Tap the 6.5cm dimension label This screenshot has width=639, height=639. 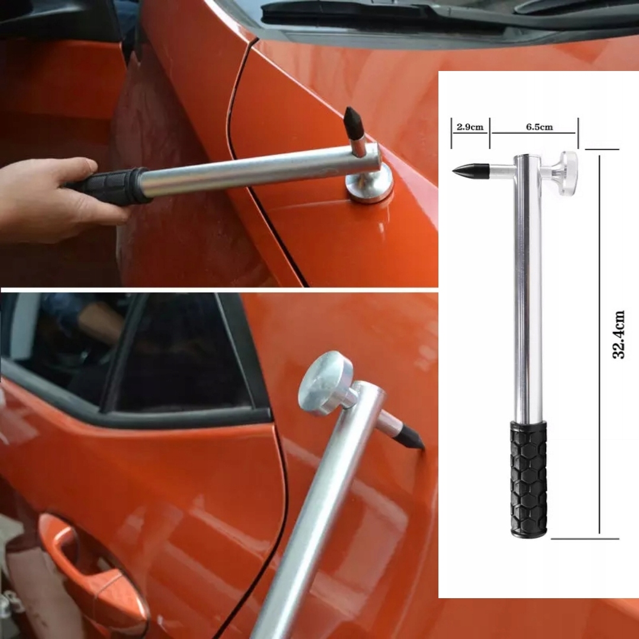(x=539, y=127)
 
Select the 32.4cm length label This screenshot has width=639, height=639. (x=619, y=334)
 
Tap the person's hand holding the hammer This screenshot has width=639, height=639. (x=41, y=198)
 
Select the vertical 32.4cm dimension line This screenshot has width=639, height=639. (x=599, y=343)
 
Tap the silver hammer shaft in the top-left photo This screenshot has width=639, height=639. (x=254, y=172)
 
